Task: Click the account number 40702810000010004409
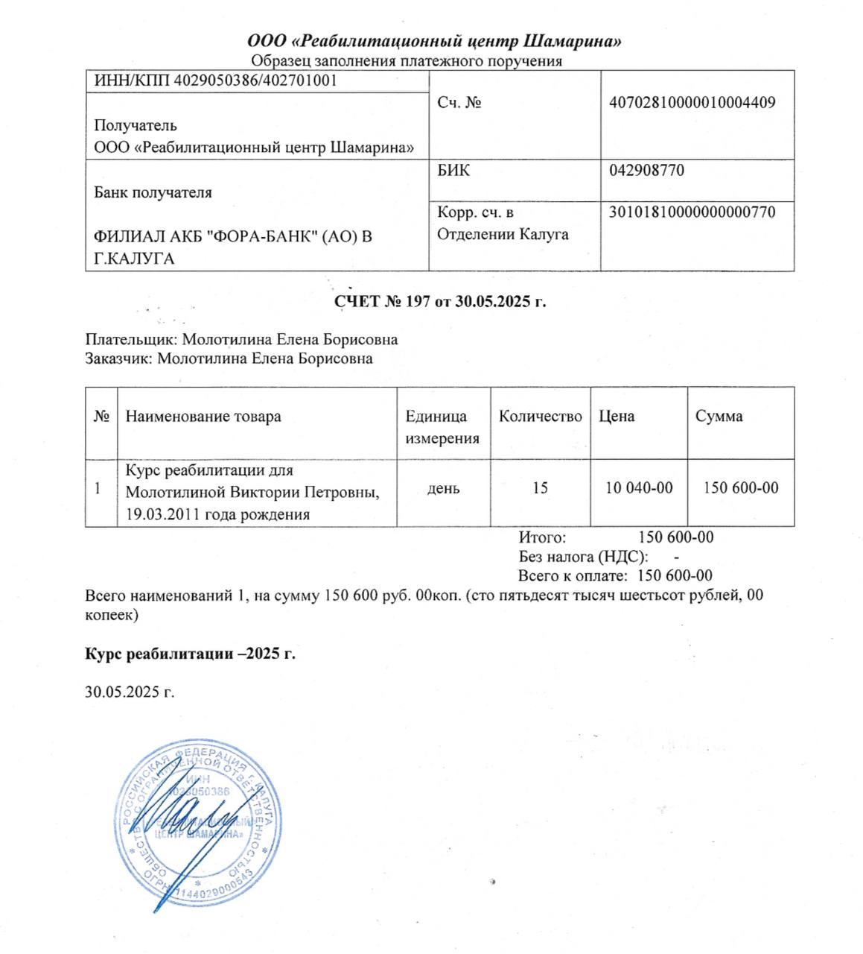[692, 102]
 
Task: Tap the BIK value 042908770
[646, 170]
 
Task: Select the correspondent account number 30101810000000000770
[692, 212]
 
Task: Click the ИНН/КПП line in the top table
[215, 80]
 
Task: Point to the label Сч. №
[459, 103]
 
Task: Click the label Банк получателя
[153, 192]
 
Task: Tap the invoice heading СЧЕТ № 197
[439, 302]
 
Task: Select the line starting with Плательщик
[241, 340]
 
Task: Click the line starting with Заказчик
[229, 358]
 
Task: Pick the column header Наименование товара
[203, 416]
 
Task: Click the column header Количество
[541, 416]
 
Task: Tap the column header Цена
[617, 416]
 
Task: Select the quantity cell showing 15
[541, 488]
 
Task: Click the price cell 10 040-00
[639, 488]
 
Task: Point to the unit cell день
[443, 488]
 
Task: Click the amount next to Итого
[676, 537]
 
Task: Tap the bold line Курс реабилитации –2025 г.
[191, 654]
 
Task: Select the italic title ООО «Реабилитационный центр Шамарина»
[435, 41]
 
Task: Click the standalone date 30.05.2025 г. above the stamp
[130, 692]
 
